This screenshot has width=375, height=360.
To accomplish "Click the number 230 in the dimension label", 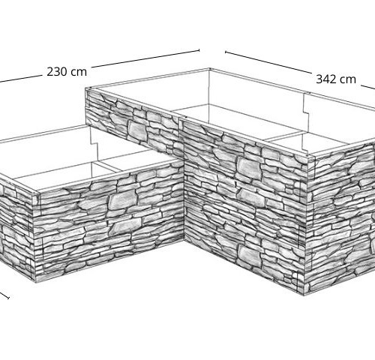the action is (x=57, y=72).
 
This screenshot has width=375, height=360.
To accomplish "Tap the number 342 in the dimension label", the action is (x=326, y=79).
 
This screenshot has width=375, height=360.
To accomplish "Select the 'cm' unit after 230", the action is (x=79, y=73).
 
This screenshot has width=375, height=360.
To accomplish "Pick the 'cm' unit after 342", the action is (x=348, y=80).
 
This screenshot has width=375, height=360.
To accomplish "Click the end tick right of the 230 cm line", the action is (x=199, y=50).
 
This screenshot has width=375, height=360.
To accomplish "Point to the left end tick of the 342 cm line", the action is (x=225, y=52).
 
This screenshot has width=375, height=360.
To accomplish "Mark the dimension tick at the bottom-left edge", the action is (x=8, y=298).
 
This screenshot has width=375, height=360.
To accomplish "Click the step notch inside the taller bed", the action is (x=305, y=113).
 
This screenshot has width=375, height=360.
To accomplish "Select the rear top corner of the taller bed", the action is (x=209, y=69).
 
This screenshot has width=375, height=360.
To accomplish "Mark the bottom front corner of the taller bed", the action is (x=304, y=295).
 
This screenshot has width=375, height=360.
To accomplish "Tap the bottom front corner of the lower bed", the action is (x=36, y=282).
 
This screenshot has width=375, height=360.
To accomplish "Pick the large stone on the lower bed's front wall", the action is (x=121, y=201).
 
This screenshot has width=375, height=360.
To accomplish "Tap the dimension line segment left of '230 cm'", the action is (x=20, y=79).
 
